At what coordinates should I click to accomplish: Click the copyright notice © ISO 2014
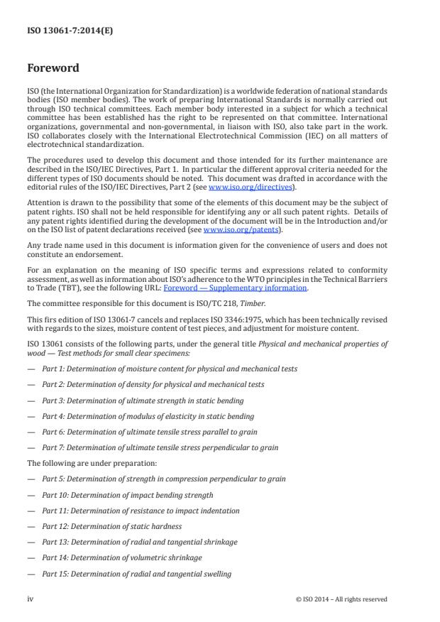[x=341, y=599]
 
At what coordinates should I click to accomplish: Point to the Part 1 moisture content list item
[x=169, y=369]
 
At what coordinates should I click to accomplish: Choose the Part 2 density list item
[x=153, y=384]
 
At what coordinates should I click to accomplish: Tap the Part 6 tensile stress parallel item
[x=149, y=432]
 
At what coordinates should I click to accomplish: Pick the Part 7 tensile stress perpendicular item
[x=160, y=447]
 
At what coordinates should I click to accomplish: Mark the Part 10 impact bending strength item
[x=127, y=495]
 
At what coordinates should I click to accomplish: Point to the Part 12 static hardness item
[x=111, y=526]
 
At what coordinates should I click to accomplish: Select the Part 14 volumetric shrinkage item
[x=121, y=557]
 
